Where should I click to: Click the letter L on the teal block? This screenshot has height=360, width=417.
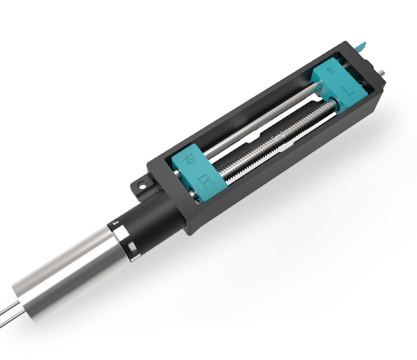click(x=350, y=93)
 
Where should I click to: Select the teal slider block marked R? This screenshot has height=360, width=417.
click(x=195, y=172)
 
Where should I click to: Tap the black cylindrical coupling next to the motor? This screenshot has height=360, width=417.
click(x=147, y=220)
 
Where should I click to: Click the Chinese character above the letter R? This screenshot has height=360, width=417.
click(x=190, y=159)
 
